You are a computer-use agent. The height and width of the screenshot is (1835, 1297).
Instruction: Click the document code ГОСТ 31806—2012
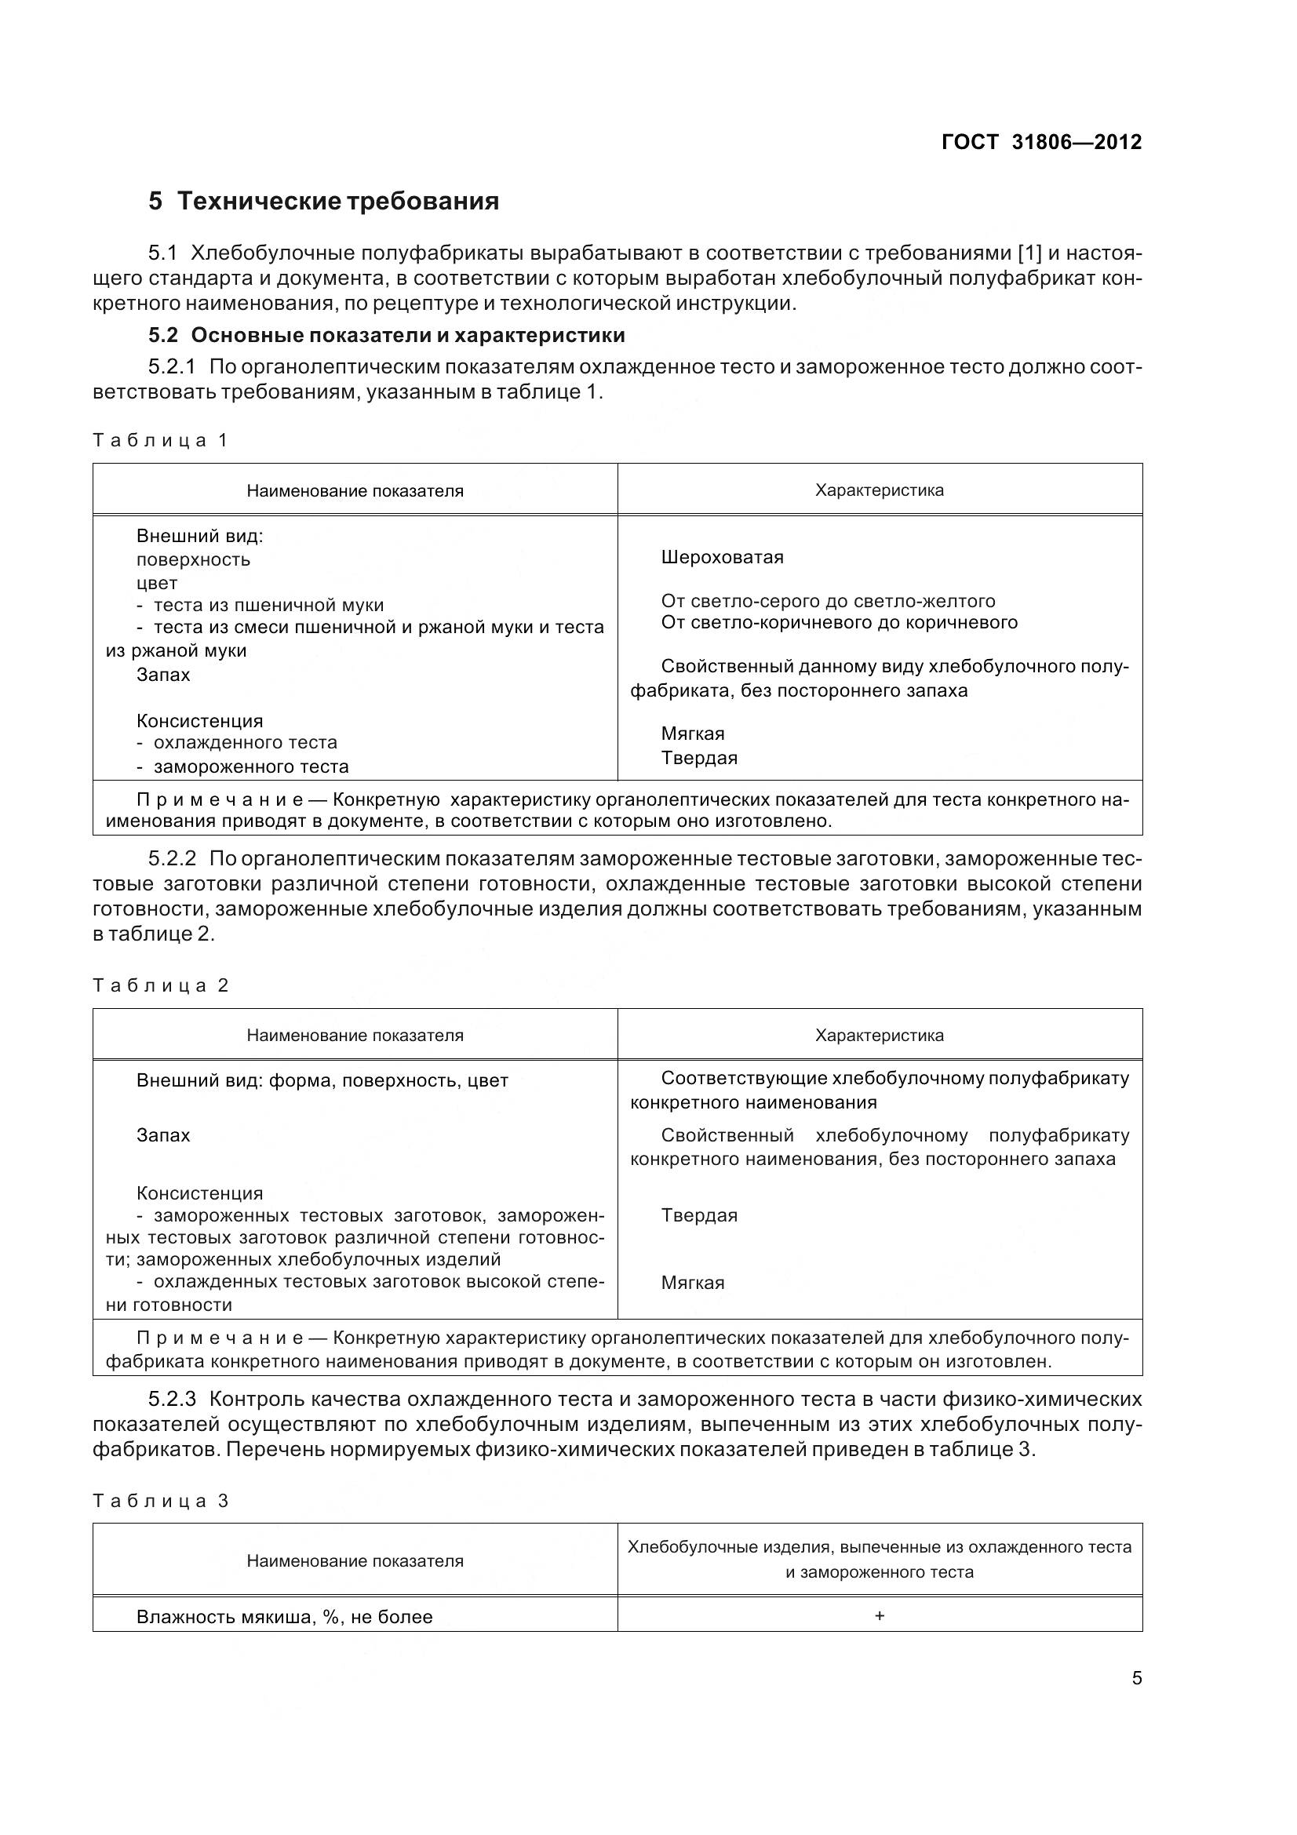point(1041,142)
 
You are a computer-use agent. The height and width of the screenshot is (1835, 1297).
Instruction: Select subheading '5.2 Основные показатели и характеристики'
point(387,335)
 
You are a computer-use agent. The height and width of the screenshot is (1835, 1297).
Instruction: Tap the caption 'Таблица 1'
point(161,440)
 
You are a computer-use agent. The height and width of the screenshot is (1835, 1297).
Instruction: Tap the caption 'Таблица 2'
point(161,985)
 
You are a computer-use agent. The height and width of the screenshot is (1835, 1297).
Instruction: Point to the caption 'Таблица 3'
point(161,1501)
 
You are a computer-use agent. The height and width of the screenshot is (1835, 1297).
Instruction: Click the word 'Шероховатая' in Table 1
point(722,557)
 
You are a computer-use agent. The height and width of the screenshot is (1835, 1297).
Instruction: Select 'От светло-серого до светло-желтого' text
point(828,601)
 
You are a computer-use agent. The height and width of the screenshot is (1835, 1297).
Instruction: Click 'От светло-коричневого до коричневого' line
point(839,623)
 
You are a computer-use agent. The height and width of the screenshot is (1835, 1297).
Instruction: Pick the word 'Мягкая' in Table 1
point(692,734)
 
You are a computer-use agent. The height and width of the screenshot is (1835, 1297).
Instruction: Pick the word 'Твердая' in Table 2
point(698,1215)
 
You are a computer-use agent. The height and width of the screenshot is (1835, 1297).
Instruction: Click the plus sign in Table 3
point(879,1616)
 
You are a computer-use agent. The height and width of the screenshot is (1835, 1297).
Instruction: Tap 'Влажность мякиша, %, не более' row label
point(285,1618)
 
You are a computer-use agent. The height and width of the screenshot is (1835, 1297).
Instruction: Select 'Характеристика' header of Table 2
point(879,1036)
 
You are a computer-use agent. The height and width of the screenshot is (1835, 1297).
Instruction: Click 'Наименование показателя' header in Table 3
point(355,1561)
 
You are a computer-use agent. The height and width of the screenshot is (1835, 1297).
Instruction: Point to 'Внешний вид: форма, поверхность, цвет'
point(322,1081)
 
